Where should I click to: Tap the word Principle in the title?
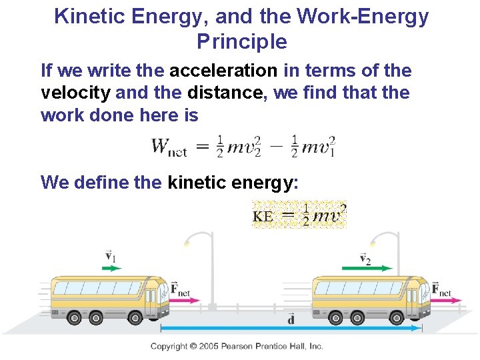point(242,42)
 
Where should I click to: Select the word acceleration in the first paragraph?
point(223,70)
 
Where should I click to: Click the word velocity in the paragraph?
point(75,93)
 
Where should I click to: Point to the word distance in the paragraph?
point(225,93)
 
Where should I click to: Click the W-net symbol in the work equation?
point(169,147)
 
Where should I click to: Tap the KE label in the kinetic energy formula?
point(263,216)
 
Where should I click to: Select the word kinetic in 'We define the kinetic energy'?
point(197,181)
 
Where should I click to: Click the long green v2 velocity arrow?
point(367,268)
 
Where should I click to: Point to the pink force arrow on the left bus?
point(185,300)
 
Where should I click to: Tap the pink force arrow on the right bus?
point(445,301)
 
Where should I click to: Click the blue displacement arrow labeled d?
point(291,328)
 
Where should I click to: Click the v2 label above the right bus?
point(365,258)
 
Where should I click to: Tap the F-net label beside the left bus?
point(180,288)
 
